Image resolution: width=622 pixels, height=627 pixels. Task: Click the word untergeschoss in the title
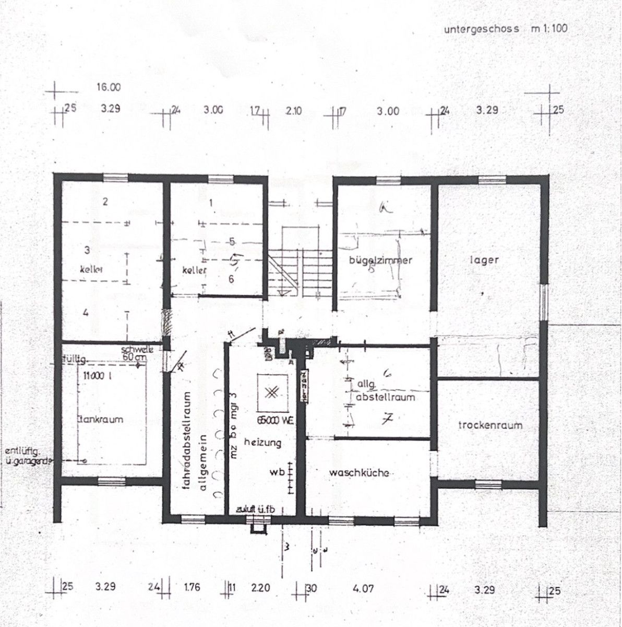click(481, 29)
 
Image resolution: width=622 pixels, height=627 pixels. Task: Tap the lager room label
click(484, 260)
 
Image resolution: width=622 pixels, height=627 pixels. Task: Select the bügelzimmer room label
click(381, 260)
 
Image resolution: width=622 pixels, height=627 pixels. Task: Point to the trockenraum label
click(489, 425)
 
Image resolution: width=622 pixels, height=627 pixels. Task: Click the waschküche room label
click(359, 473)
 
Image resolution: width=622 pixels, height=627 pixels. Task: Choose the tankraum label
click(100, 419)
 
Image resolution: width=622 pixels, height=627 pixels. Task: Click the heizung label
click(262, 442)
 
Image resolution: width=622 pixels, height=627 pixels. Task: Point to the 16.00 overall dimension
click(108, 88)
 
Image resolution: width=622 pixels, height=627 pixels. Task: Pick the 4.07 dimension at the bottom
click(363, 588)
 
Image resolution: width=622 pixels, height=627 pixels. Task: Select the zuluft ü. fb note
click(255, 509)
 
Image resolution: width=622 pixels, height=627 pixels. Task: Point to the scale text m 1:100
click(549, 29)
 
